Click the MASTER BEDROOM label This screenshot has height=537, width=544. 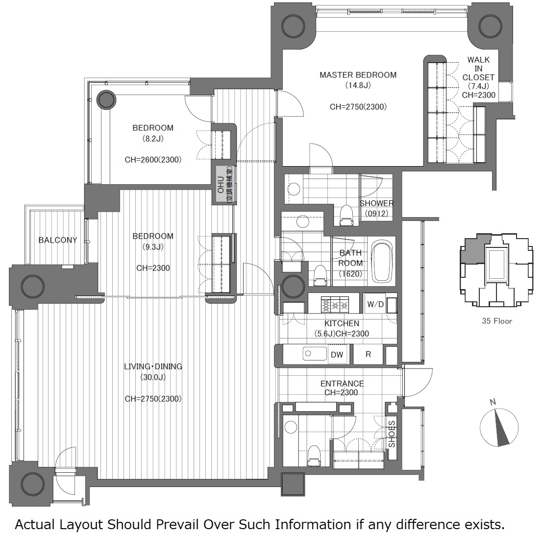tap(358, 75)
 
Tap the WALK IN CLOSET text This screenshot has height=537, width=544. tap(478, 69)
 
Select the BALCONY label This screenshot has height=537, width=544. tap(58, 240)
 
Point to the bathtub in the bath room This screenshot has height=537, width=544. tap(382, 261)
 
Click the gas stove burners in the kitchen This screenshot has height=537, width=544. tap(335, 305)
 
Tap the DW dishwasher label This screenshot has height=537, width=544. tap(337, 355)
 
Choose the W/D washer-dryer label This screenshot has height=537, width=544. tap(375, 304)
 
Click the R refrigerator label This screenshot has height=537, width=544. tap(369, 354)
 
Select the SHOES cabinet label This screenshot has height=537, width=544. tap(392, 434)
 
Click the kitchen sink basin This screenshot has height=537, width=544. tap(315, 354)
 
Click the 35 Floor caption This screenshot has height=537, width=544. tap(497, 321)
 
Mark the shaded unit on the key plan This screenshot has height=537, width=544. tap(475, 250)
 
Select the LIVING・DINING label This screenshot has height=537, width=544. tap(153, 366)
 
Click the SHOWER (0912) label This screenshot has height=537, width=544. tap(377, 208)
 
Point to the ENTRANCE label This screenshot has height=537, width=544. tap(342, 384)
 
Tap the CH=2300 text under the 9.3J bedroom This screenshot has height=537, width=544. tap(153, 268)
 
